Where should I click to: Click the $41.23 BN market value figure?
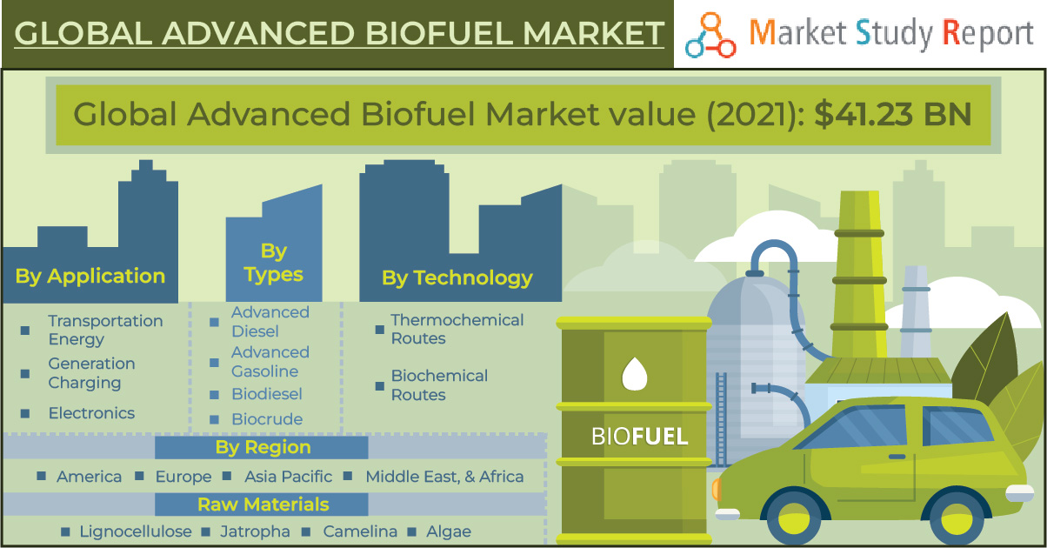tap(892, 115)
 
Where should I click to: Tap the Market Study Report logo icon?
tap(710, 36)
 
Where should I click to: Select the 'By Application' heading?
tap(90, 277)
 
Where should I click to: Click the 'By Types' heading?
tap(273, 263)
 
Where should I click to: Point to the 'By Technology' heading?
tap(457, 278)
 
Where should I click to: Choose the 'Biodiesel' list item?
tap(266, 394)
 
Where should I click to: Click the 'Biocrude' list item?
tap(266, 419)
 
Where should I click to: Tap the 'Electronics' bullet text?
tap(91, 413)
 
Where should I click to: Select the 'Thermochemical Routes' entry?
tap(457, 330)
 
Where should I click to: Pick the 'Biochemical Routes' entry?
tap(439, 385)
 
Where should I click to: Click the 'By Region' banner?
tap(263, 447)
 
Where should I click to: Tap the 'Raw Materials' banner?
tap(263, 505)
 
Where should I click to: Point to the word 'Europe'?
tap(183, 477)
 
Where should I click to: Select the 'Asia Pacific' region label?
tap(288, 477)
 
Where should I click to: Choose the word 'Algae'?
tap(449, 531)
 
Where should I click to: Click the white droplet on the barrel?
tap(634, 375)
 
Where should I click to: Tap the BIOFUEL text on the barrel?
tap(639, 436)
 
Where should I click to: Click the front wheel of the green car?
tap(793, 523)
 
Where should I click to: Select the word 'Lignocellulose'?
tap(135, 531)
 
